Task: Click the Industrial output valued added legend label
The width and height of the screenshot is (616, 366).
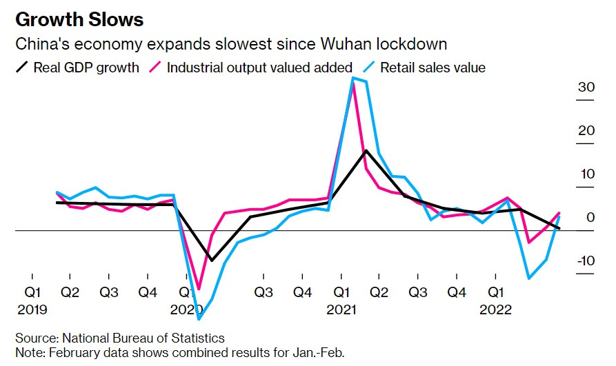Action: (x=259, y=68)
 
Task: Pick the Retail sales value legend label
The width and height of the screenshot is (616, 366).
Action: (x=433, y=68)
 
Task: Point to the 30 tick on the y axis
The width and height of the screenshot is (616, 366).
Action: (x=586, y=88)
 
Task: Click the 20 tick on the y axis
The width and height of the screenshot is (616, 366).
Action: (x=586, y=131)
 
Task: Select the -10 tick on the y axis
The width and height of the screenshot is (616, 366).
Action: (x=584, y=261)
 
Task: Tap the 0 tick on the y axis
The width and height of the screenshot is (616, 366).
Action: (x=590, y=218)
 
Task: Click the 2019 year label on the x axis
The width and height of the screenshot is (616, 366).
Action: (x=32, y=310)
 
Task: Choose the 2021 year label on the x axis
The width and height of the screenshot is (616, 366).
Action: (x=341, y=310)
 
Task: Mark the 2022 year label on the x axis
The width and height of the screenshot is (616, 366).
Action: (x=495, y=310)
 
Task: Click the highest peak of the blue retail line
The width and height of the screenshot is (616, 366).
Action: (x=353, y=78)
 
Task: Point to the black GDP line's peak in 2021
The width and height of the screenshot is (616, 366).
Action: (x=366, y=150)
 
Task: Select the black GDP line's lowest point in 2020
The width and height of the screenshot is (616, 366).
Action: (x=212, y=261)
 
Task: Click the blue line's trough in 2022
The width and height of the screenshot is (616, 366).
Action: (x=529, y=278)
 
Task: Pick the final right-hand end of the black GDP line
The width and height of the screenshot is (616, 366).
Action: (x=559, y=228)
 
